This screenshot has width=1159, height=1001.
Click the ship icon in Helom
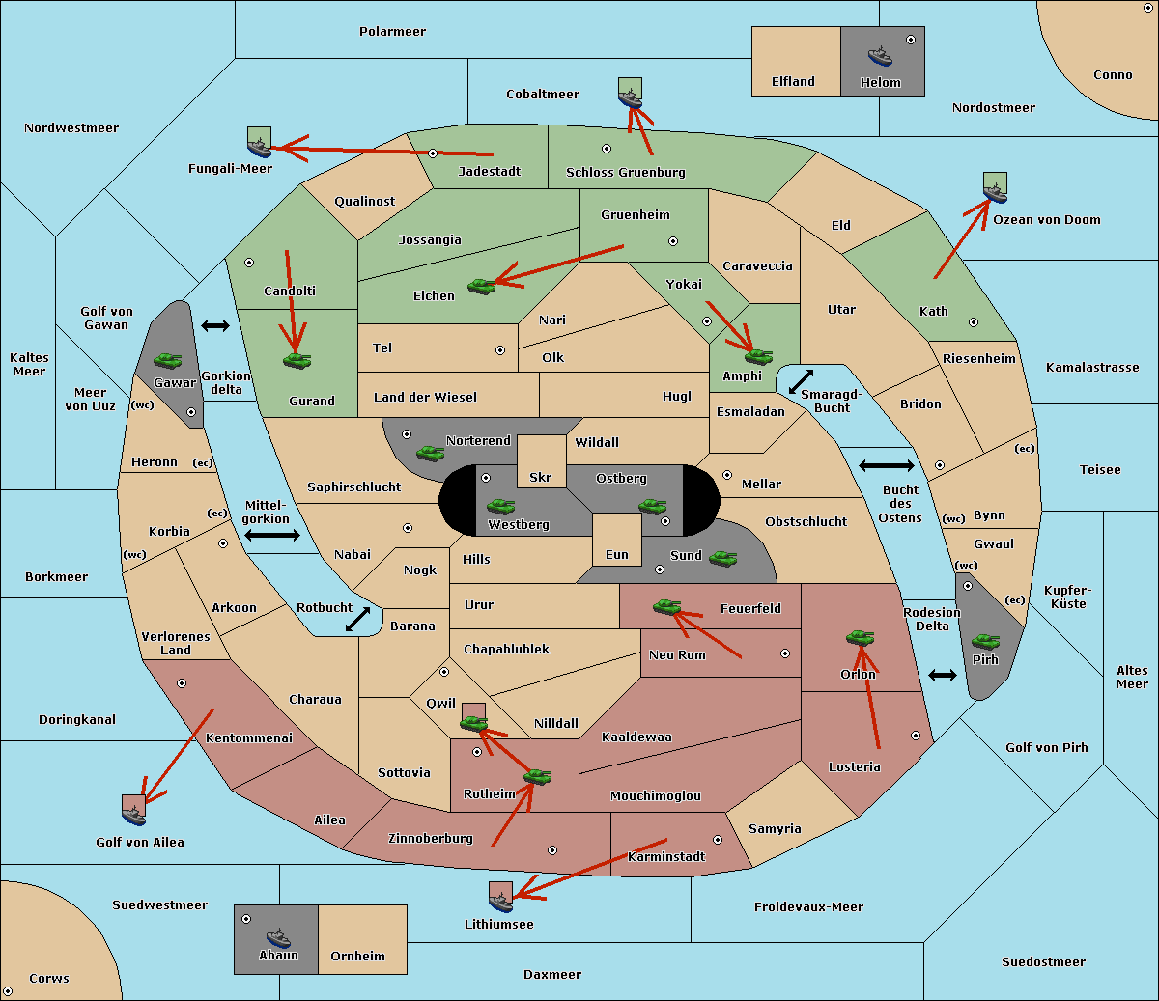(880, 56)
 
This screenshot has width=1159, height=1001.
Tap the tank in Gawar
(168, 360)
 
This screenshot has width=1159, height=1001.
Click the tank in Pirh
(985, 642)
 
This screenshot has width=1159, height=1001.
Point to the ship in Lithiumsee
(500, 903)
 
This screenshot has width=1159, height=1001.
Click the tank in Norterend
(430, 453)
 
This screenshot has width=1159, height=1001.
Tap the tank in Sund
(722, 559)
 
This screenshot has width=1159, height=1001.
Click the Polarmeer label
(392, 32)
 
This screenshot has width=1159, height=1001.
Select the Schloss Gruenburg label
(626, 172)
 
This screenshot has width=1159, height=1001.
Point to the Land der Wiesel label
(425, 398)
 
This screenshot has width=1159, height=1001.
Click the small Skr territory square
(541, 461)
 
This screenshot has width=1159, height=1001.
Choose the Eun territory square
(617, 540)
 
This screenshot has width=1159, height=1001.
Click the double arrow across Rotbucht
(357, 620)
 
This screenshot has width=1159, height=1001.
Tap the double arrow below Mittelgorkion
(272, 536)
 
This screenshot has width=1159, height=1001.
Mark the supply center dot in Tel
(500, 350)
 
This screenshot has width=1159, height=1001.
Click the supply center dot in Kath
(974, 322)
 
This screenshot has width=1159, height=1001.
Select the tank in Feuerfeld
(666, 607)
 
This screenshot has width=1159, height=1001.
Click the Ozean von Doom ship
(995, 193)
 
